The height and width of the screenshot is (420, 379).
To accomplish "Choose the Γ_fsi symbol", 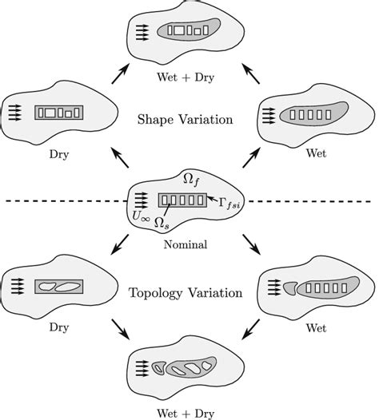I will (233, 203).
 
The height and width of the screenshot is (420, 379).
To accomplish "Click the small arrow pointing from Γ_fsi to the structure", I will (211, 196).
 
